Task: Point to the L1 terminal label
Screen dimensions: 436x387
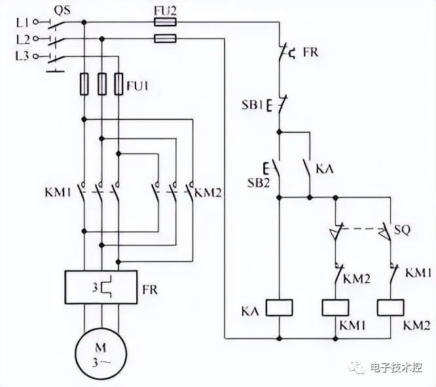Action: pos(22,22)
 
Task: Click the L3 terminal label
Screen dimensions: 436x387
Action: pos(22,56)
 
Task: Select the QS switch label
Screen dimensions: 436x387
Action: pos(62,10)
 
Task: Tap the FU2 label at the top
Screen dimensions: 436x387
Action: pos(165,10)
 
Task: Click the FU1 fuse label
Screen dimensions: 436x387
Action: pos(137,86)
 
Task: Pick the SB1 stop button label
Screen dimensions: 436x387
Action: pos(252,105)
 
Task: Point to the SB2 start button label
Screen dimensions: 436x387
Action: pos(259,182)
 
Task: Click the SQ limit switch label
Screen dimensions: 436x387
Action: pos(402,229)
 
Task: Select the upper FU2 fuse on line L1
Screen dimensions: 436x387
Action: pos(165,22)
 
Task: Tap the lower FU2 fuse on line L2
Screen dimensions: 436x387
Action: pos(165,39)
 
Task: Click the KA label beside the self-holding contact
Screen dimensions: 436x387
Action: pos(325,169)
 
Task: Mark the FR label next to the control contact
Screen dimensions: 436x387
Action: pos(310,52)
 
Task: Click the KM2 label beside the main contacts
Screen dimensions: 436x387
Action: pos(208,192)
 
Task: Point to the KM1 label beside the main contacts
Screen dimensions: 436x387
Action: pos(58,192)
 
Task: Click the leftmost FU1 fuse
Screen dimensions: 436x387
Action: pos(84,84)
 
